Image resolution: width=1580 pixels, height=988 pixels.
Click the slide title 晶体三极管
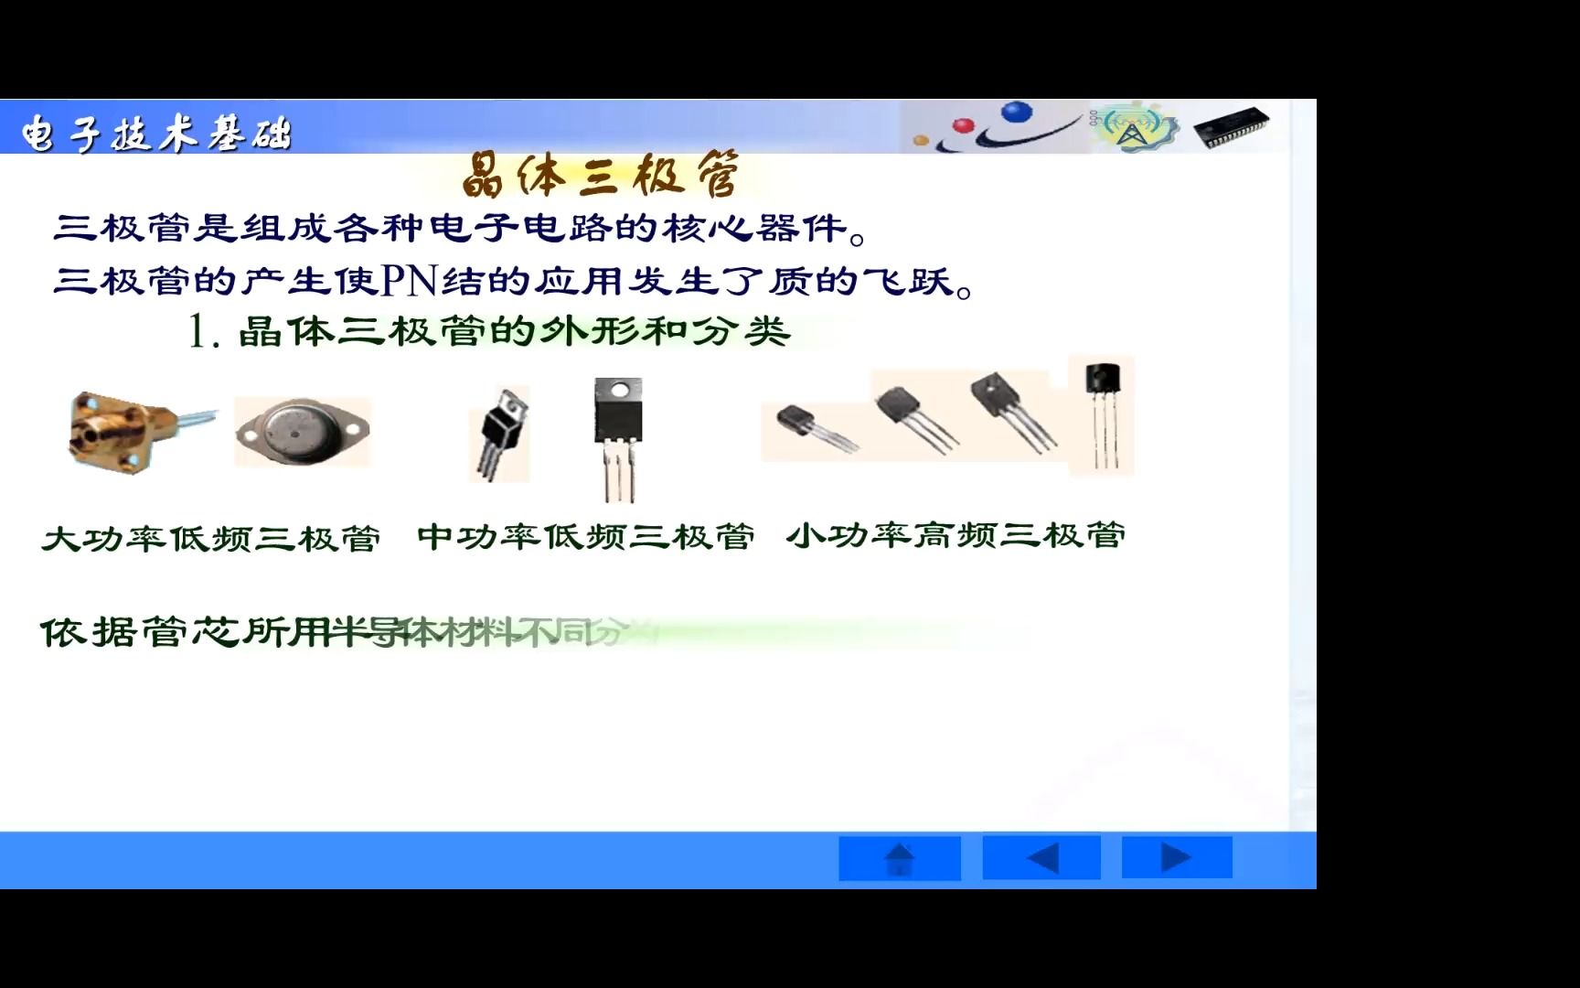click(599, 175)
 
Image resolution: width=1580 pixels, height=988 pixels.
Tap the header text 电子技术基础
click(155, 134)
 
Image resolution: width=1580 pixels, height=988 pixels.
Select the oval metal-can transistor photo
click(302, 431)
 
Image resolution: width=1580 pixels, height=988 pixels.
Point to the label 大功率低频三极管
click(211, 538)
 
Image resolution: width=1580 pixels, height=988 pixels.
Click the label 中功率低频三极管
click(586, 536)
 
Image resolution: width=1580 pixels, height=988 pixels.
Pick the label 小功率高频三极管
click(955, 534)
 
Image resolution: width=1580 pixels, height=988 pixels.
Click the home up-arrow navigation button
click(900, 859)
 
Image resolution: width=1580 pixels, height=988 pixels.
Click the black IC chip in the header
click(1232, 126)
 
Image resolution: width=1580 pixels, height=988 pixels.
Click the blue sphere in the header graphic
click(1016, 113)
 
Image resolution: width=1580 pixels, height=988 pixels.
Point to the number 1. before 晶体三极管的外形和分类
click(203, 331)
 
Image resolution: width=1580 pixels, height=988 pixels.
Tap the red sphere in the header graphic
click(962, 125)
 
